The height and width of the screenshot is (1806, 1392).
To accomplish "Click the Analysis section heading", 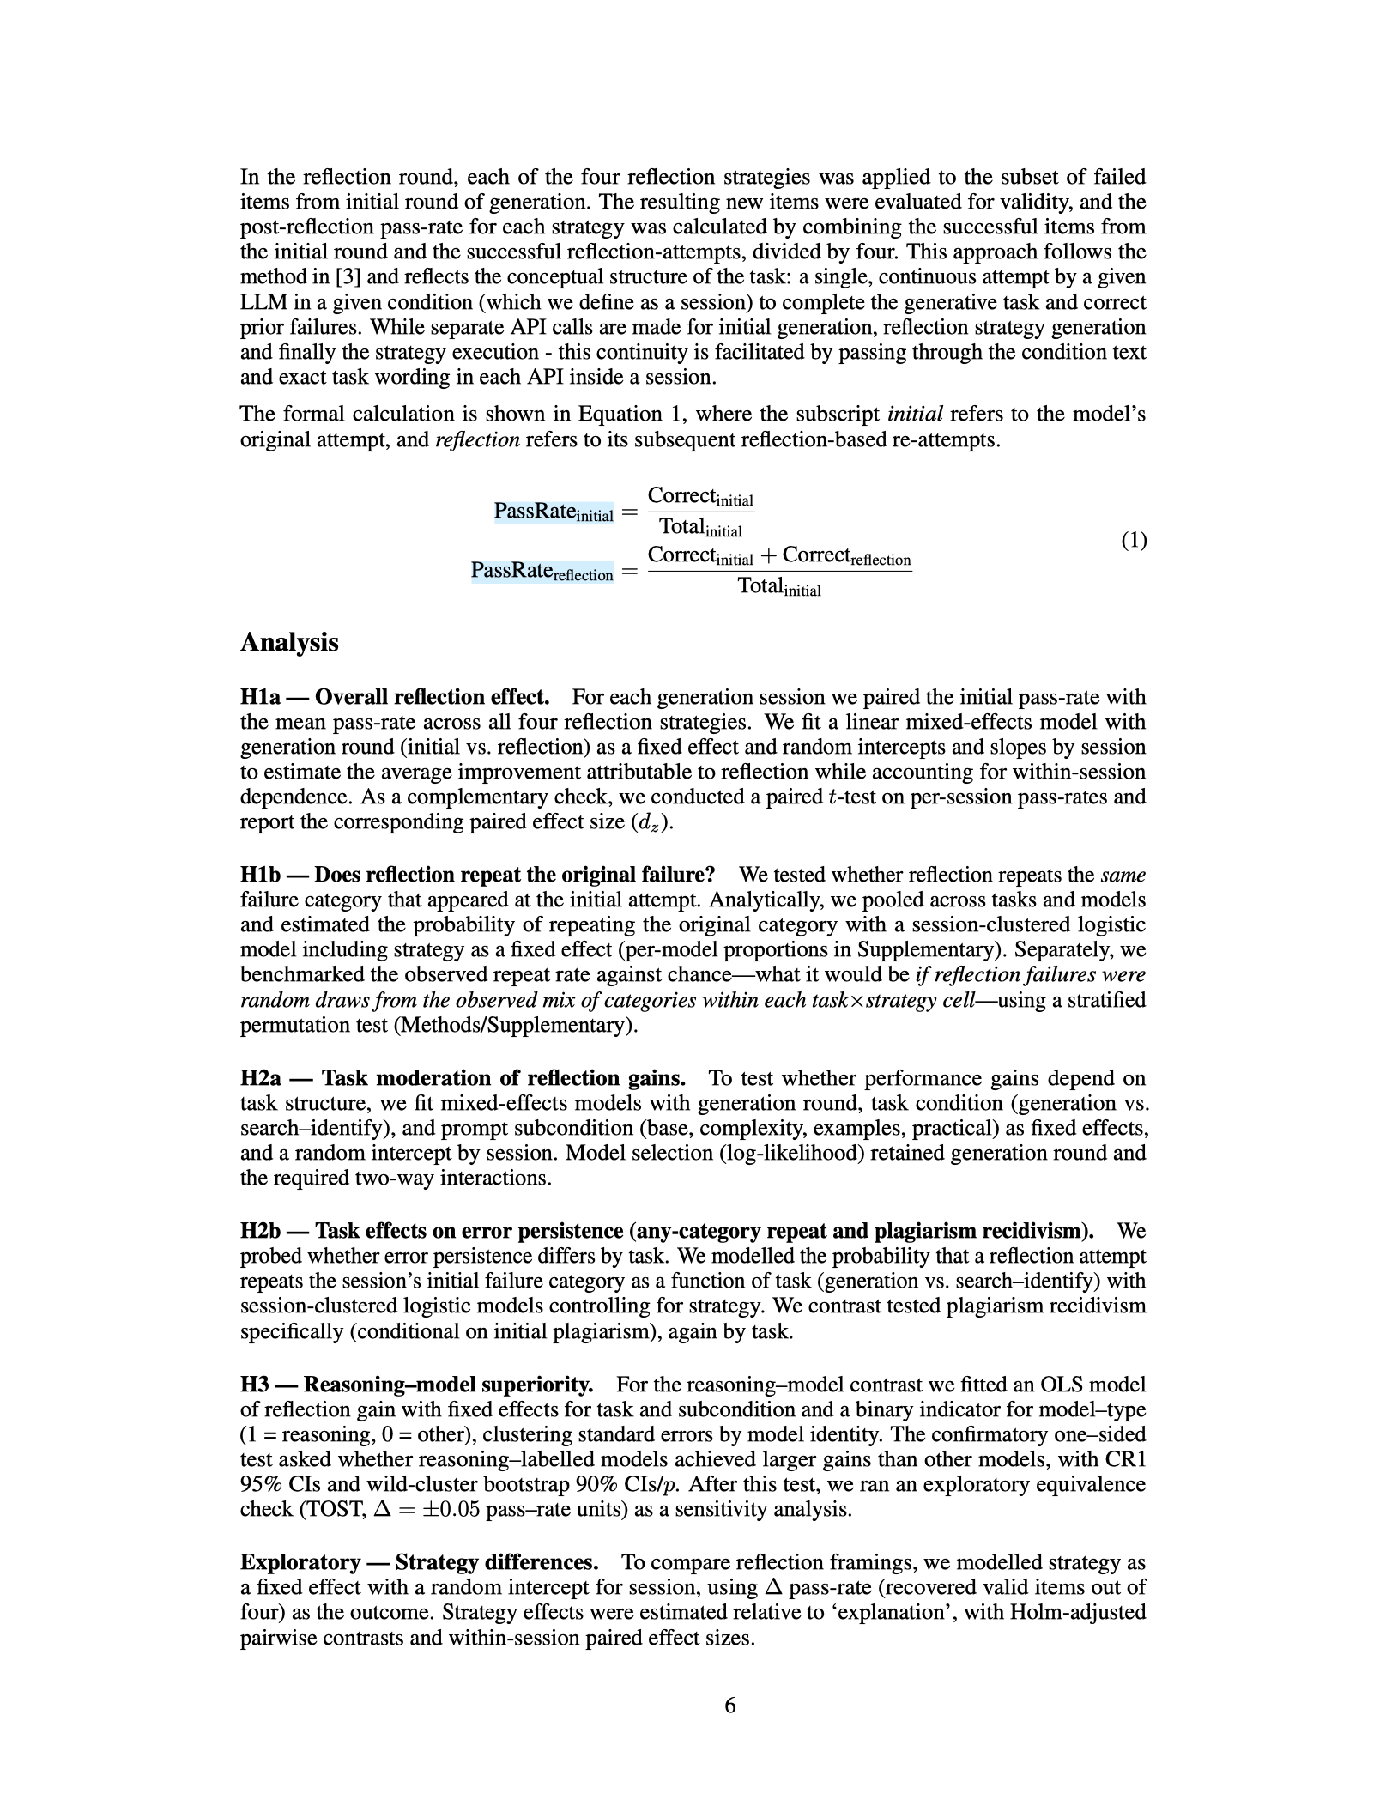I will pos(289,643).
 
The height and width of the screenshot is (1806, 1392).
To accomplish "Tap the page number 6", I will pos(730,1706).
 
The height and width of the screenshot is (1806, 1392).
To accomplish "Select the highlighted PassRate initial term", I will pos(554,512).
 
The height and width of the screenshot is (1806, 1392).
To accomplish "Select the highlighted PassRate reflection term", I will pos(542,572).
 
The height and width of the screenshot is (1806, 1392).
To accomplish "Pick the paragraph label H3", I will pos(257,1385).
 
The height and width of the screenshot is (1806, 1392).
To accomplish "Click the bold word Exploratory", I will pos(300,1562).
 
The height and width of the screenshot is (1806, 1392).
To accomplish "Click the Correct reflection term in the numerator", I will pos(846,556).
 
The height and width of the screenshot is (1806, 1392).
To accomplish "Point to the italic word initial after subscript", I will pos(915,415).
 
